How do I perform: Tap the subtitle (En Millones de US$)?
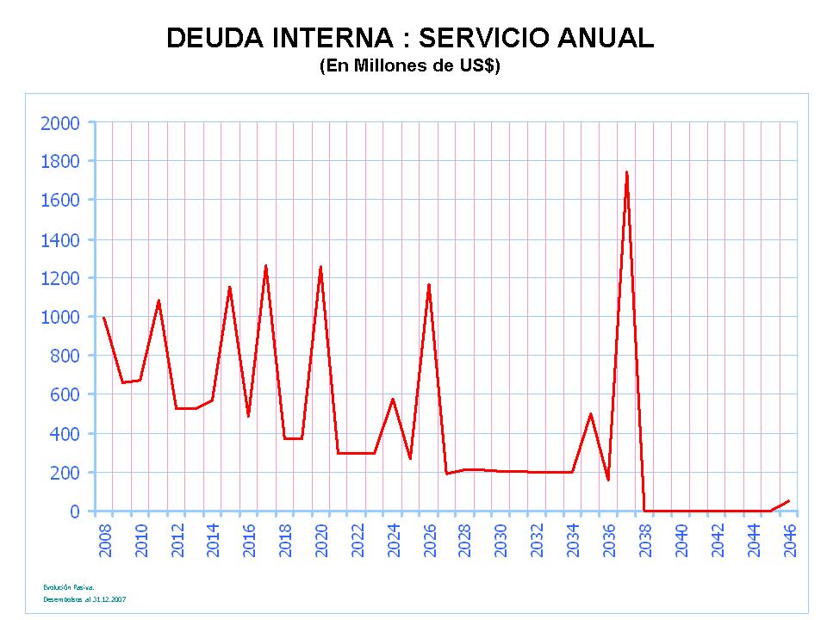pos(410,66)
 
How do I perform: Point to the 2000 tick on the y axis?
pos(60,123)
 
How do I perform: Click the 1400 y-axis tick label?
pos(60,239)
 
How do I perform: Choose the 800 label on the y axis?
pos(65,356)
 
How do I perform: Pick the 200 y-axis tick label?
pos(65,473)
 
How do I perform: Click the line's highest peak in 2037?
pos(626,172)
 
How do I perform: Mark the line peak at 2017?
pos(266,266)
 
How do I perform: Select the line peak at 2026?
pos(428,285)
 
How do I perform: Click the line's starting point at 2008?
pos(103,318)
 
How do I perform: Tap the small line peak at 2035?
pos(590,414)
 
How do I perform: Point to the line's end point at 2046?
pos(788,500)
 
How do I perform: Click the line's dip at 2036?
pos(608,480)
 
